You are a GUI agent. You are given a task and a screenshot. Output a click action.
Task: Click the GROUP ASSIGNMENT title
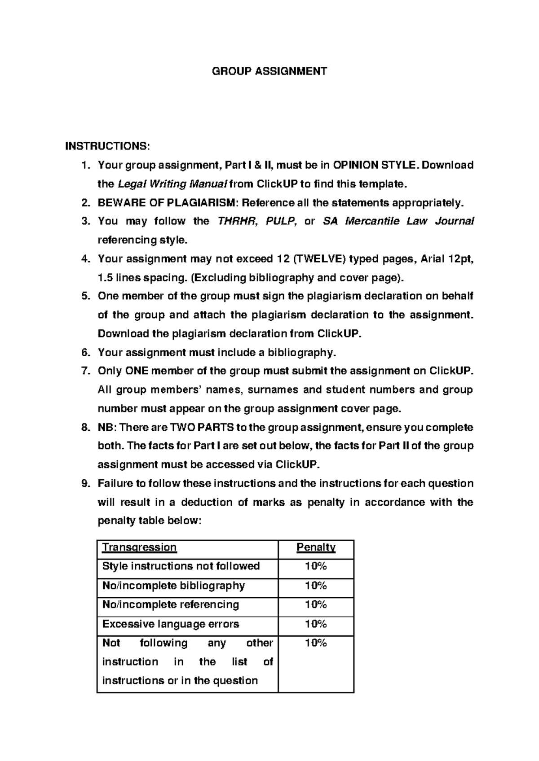point(269,71)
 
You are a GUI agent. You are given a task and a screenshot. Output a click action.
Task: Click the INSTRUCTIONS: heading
point(106,146)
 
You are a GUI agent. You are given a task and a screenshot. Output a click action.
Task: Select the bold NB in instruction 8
point(106,427)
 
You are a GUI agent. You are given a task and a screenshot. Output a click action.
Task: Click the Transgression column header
point(139,547)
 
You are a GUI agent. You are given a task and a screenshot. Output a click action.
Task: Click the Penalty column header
point(316,547)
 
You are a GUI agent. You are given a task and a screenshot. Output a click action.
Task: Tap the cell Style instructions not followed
point(181,566)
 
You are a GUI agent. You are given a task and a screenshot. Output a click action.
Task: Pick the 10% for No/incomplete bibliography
point(316,586)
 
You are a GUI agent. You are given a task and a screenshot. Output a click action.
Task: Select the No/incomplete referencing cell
point(171,604)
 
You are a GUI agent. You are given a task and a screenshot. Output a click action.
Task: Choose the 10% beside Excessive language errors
point(316,624)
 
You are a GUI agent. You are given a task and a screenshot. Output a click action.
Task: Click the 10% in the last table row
point(316,643)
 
